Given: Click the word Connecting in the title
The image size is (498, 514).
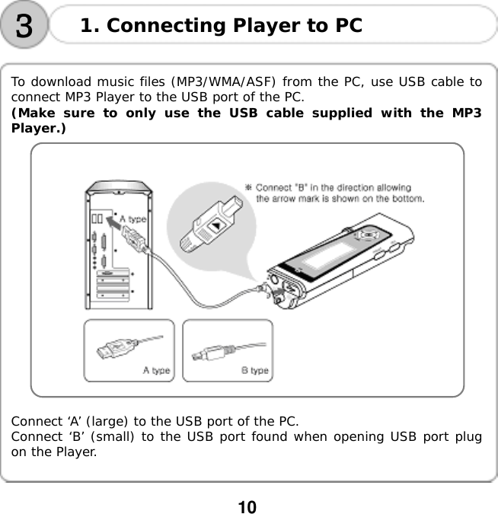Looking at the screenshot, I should tap(161, 27).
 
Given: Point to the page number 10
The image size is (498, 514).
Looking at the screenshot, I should tap(248, 506).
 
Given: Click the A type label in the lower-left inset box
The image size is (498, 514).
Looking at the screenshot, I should tap(157, 371).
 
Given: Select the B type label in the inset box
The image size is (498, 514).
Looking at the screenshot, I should tap(254, 371).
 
